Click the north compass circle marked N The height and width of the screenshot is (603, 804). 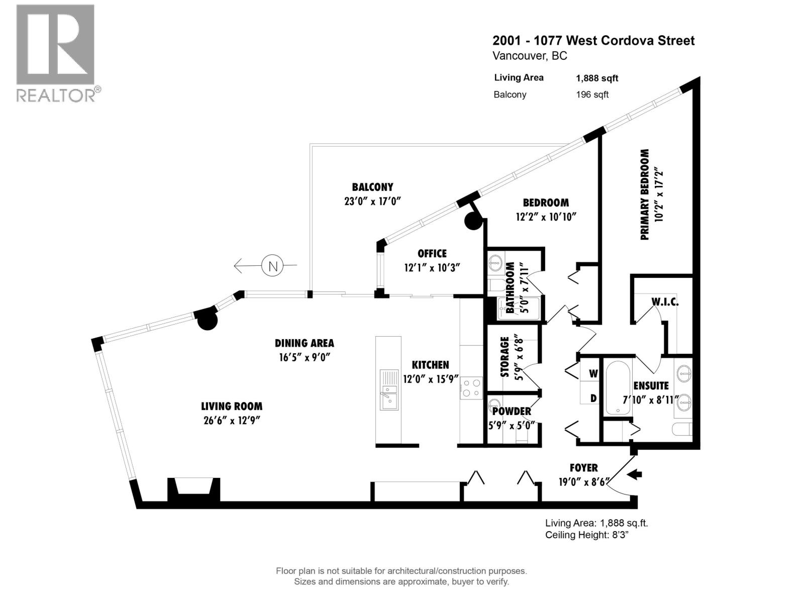(x=273, y=266)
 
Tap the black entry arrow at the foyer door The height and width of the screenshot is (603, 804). (x=635, y=474)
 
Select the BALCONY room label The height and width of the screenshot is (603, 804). (x=372, y=187)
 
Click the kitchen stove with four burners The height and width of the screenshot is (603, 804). (x=471, y=388)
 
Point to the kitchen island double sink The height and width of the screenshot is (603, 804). (x=388, y=390)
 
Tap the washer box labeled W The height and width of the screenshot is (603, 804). (x=593, y=373)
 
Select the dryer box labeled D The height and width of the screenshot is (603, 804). (x=593, y=398)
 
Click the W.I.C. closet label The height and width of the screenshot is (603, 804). (x=664, y=302)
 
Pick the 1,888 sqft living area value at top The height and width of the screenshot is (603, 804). (x=596, y=78)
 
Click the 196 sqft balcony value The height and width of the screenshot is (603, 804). (x=592, y=94)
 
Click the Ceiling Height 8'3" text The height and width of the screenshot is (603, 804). (x=587, y=535)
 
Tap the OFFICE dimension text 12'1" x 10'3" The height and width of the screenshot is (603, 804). (x=432, y=268)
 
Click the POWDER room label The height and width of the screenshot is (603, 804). (x=512, y=411)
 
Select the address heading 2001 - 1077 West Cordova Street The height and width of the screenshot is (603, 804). (x=593, y=41)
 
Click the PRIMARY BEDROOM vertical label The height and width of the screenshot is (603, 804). (x=645, y=194)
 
